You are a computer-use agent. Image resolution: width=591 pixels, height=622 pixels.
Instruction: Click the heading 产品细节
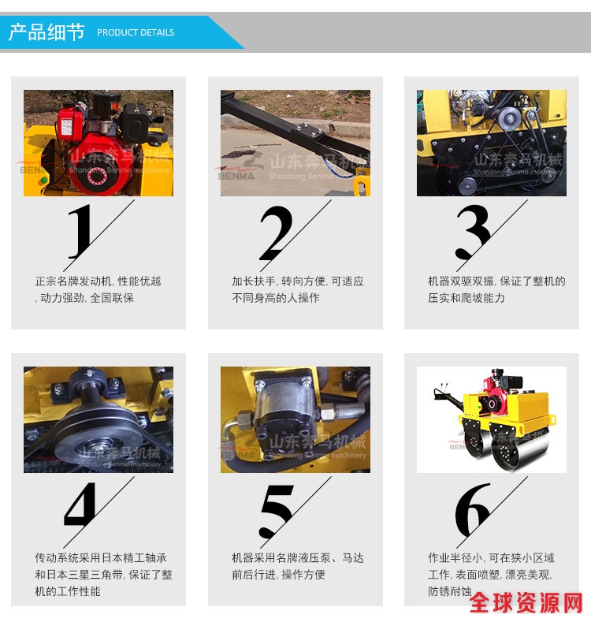coord(46,32)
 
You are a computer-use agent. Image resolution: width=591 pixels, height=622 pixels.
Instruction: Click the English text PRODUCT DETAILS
coord(136,32)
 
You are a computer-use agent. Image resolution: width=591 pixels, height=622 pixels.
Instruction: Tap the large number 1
coord(80,231)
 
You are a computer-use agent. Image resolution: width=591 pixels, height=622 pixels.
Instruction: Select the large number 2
coord(276,233)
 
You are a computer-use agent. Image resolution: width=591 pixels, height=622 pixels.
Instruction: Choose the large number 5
coord(277,511)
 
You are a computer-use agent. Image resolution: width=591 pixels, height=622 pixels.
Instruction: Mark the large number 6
coord(472,509)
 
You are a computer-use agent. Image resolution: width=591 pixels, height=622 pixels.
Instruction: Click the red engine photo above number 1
coord(98,143)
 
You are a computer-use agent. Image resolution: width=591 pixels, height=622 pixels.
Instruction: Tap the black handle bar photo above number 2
coord(295,143)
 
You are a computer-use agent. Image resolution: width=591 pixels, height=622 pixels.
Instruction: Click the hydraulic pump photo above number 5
coord(295,419)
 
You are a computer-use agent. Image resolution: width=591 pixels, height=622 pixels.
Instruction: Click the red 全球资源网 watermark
coord(526,603)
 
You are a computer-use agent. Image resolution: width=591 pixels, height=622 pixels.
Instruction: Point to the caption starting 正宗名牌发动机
coord(98,289)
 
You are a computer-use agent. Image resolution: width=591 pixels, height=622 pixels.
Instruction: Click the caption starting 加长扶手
coord(298,289)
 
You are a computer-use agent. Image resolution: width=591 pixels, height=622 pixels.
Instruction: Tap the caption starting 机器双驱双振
coord(496,289)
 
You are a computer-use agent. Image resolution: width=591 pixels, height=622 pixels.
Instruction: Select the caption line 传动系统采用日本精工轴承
coord(101,558)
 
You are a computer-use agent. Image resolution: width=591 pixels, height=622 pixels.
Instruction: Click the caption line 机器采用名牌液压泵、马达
coord(298,558)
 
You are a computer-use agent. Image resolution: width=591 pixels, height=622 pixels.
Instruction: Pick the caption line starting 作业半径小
coord(491,558)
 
